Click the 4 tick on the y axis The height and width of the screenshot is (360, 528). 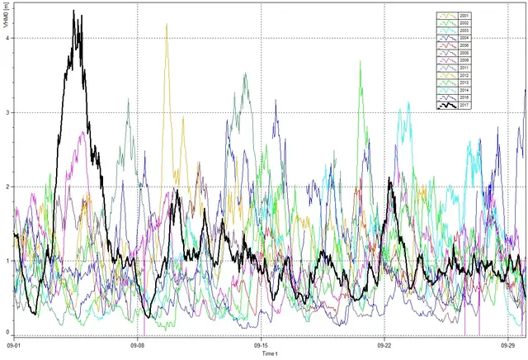pyautogui.click(x=7, y=37)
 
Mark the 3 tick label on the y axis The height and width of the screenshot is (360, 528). pyautogui.click(x=7, y=112)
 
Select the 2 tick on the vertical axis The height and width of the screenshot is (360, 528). pyautogui.click(x=7, y=187)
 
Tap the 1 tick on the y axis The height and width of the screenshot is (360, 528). pyautogui.click(x=7, y=261)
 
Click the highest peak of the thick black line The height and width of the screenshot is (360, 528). pyautogui.click(x=73, y=12)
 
